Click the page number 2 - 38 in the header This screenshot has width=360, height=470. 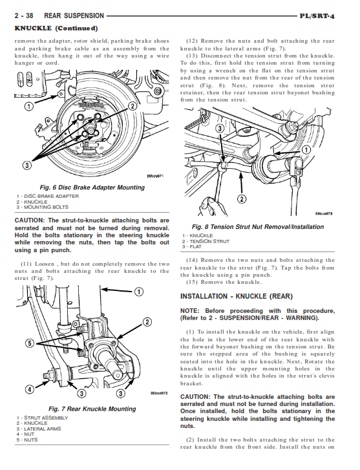tap(24, 16)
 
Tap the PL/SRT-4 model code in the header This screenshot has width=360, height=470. tap(317, 16)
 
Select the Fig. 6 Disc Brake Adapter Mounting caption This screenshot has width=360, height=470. tap(92, 187)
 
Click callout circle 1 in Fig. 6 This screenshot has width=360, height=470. tap(29, 106)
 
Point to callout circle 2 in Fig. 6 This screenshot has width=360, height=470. tap(132, 106)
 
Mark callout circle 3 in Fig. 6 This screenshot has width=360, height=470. tap(27, 165)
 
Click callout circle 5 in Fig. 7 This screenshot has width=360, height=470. tap(30, 343)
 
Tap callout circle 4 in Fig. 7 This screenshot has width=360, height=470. tap(29, 389)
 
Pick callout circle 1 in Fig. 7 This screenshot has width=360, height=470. tap(138, 292)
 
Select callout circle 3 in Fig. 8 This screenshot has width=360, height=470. tap(220, 129)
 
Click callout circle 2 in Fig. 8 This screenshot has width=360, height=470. tap(242, 199)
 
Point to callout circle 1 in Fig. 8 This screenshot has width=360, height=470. tap(306, 150)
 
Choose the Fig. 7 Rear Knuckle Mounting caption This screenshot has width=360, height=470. tap(92, 409)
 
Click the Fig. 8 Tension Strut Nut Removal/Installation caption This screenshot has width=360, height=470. tap(258, 227)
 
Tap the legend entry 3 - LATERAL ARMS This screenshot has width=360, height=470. tap(39, 429)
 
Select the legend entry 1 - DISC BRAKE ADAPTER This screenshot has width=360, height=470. tap(48, 196)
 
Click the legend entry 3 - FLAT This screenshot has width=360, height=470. tap(191, 247)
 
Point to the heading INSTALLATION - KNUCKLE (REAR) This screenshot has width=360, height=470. tap(237, 297)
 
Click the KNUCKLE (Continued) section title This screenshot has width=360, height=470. tap(56, 28)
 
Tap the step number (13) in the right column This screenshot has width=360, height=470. tap(192, 56)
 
